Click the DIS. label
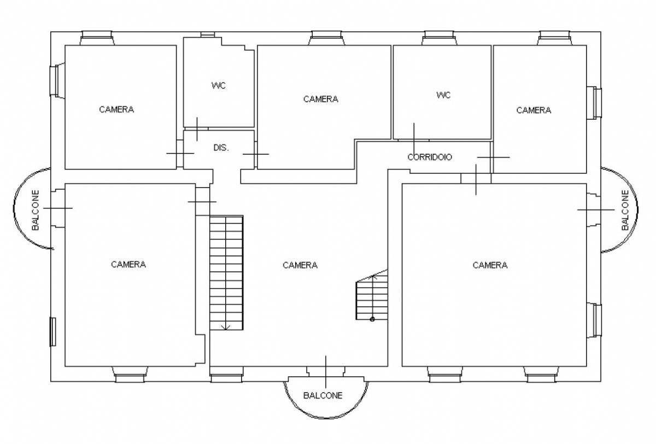point(221,148)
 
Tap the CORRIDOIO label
point(430,157)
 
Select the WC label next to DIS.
point(219,85)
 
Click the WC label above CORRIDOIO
point(443,95)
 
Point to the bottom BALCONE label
point(323,396)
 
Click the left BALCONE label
point(36,210)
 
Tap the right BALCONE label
point(625,210)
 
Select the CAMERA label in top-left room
point(116,109)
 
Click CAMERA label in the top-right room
point(534,110)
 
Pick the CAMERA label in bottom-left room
point(128,265)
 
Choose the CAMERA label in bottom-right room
point(490,265)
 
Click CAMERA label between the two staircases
point(300,265)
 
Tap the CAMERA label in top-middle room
point(321,100)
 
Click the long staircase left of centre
point(226,273)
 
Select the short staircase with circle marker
point(372,294)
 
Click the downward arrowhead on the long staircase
point(225,328)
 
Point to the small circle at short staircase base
point(372,319)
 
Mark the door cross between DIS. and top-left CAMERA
point(180,153)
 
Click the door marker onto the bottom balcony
point(326,371)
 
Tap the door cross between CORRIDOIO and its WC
point(414,141)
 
